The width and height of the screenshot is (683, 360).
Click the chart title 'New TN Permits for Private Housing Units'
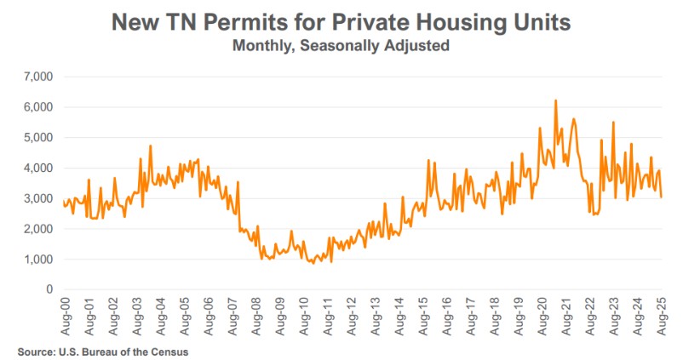point(341,23)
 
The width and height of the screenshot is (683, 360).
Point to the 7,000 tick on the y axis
point(38,77)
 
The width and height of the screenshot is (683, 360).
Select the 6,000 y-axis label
point(38,107)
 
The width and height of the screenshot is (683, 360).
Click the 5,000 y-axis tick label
point(38,137)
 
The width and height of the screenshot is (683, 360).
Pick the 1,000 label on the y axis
point(38,259)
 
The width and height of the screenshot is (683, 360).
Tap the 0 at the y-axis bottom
point(49,289)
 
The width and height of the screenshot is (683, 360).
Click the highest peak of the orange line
point(555,100)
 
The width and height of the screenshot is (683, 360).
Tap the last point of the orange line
point(662,197)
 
